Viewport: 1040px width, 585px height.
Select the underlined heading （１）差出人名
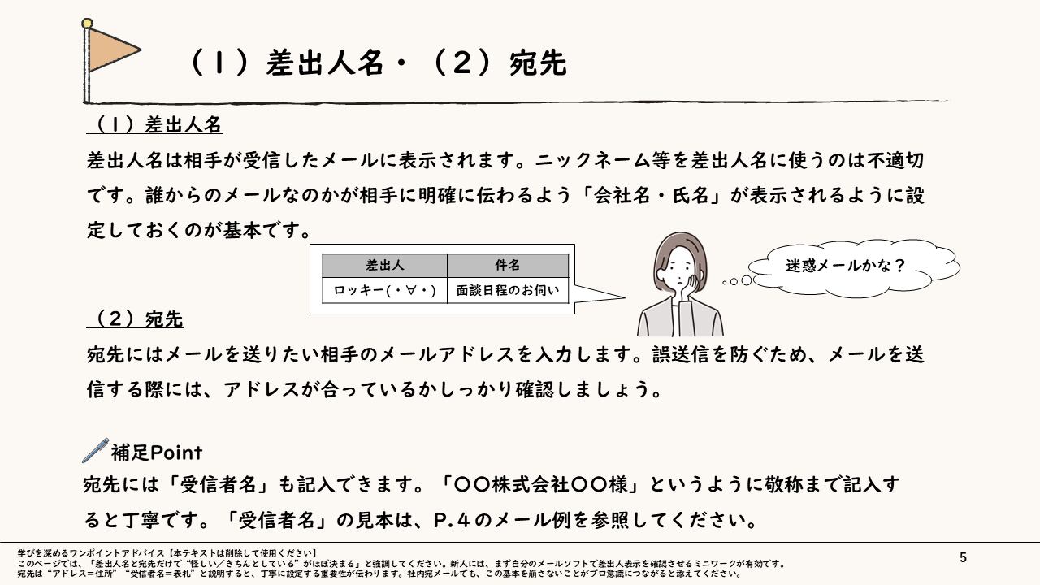click(154, 125)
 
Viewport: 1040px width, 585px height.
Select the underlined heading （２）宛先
click(135, 319)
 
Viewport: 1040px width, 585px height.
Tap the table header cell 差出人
click(385, 266)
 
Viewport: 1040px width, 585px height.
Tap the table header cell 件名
click(508, 266)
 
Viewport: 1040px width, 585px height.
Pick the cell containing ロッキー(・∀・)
click(385, 290)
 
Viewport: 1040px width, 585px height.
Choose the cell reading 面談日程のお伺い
click(508, 290)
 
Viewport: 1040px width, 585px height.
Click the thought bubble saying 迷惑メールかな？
click(846, 266)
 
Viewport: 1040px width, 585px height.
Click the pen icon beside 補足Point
click(95, 449)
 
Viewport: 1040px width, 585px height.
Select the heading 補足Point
click(156, 452)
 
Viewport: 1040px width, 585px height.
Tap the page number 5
click(963, 557)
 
